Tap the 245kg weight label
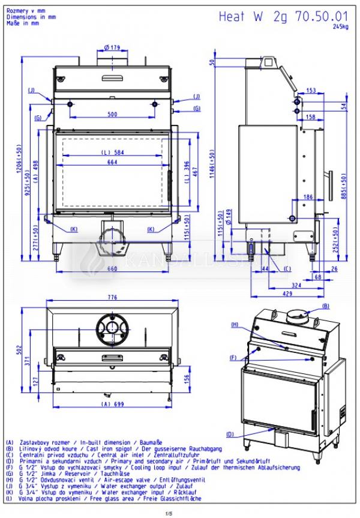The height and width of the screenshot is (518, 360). pos(341,28)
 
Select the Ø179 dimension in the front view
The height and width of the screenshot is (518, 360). pos(112,47)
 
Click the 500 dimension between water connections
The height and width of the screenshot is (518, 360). pos(112,113)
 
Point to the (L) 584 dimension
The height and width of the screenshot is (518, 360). pos(112,152)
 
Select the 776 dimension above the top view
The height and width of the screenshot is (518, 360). pos(113,298)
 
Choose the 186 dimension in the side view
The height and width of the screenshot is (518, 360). pos(308,197)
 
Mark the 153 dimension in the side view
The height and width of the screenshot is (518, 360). pos(311,90)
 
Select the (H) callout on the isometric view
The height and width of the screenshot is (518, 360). pos(235,324)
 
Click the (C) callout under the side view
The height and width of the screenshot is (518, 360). pos(287,268)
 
